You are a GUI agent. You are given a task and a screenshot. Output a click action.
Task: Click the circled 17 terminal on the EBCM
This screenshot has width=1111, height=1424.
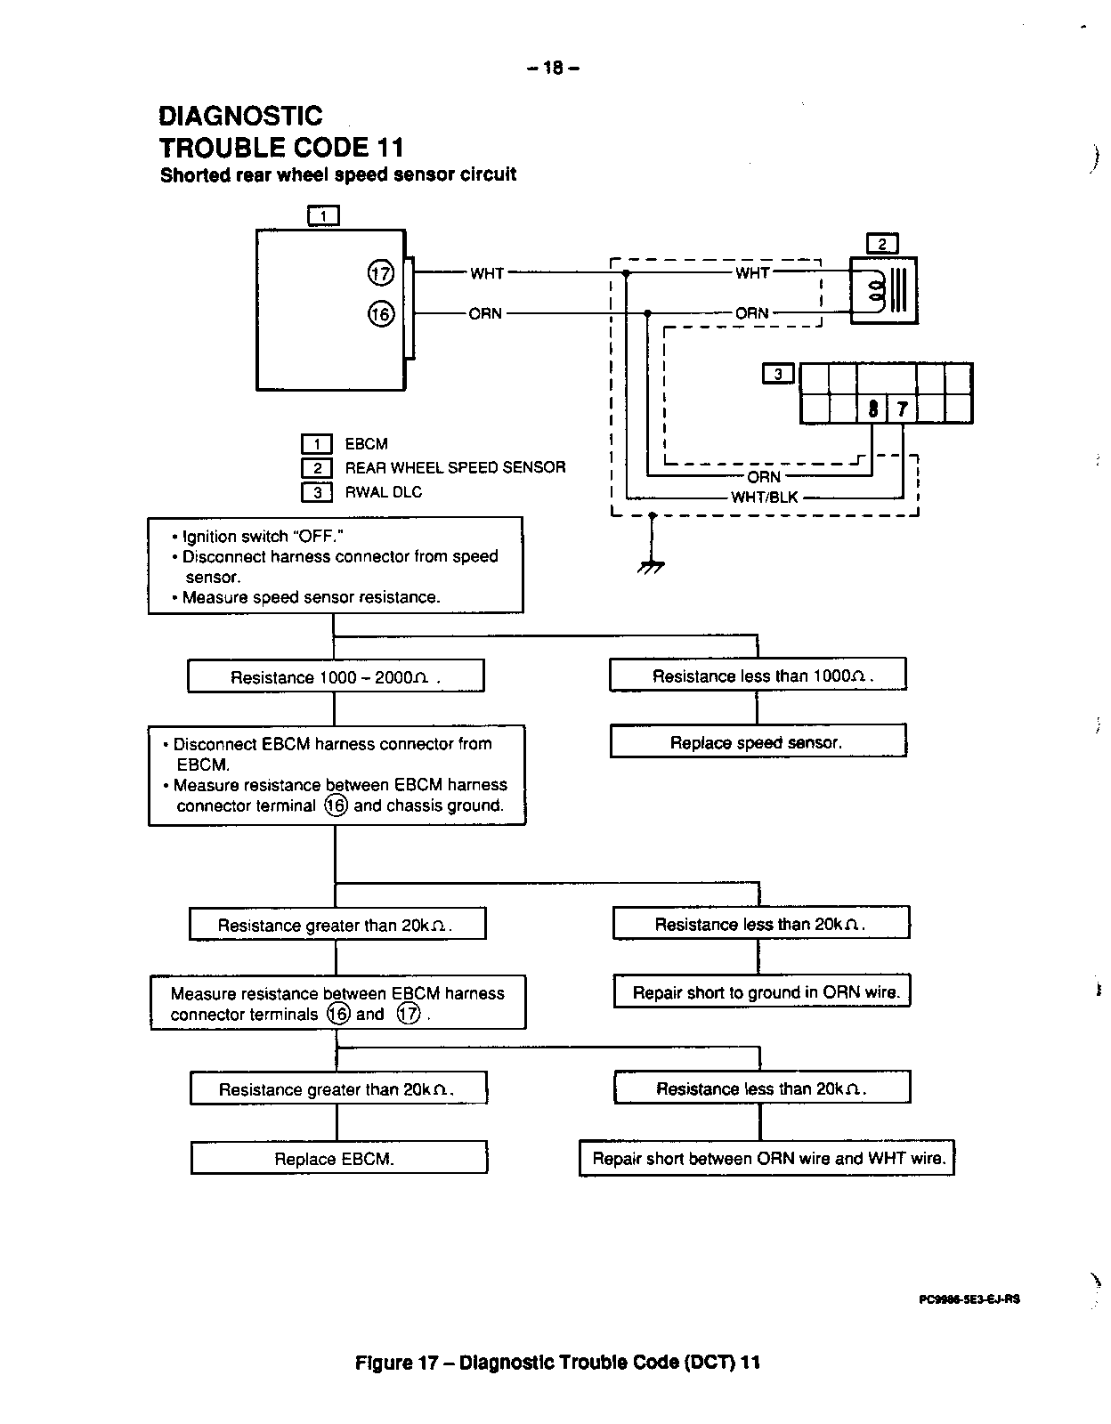click(380, 273)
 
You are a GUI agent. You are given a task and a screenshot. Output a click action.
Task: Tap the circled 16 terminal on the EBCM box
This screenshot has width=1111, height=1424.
click(380, 314)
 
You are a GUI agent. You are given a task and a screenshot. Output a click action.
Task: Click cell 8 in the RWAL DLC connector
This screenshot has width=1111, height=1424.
click(872, 409)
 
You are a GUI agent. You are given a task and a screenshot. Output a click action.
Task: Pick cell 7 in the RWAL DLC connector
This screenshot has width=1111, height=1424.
click(903, 409)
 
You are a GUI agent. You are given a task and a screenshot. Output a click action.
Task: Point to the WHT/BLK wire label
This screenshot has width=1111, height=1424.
click(764, 498)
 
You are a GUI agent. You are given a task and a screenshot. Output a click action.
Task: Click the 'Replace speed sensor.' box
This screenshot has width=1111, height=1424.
click(757, 742)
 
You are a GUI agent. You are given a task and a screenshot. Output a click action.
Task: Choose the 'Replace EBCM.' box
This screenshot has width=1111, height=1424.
click(338, 1159)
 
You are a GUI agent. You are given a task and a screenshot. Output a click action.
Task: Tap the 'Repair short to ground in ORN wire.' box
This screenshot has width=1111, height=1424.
click(762, 992)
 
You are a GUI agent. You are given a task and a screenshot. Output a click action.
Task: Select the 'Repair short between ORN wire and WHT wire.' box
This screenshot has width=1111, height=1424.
click(766, 1159)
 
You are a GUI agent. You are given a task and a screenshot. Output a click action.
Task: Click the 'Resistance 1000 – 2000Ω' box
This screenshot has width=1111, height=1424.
click(336, 676)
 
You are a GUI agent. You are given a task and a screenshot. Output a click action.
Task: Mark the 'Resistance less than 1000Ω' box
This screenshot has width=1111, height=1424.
click(758, 676)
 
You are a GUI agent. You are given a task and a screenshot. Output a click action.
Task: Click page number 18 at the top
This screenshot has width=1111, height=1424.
click(553, 68)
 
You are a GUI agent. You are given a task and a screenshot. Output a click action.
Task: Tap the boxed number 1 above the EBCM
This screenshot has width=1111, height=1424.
click(323, 215)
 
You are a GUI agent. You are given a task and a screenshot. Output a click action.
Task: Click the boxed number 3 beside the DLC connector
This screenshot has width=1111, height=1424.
click(778, 375)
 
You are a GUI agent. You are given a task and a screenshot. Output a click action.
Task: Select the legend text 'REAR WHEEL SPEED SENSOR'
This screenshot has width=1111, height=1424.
click(455, 467)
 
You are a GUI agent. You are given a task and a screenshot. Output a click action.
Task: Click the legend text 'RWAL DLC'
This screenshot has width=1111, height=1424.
click(384, 492)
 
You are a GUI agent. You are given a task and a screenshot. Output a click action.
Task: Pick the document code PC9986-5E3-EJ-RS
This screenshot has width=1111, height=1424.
click(969, 1299)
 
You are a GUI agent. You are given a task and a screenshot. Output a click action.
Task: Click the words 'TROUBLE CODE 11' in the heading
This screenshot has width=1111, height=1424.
click(281, 147)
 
